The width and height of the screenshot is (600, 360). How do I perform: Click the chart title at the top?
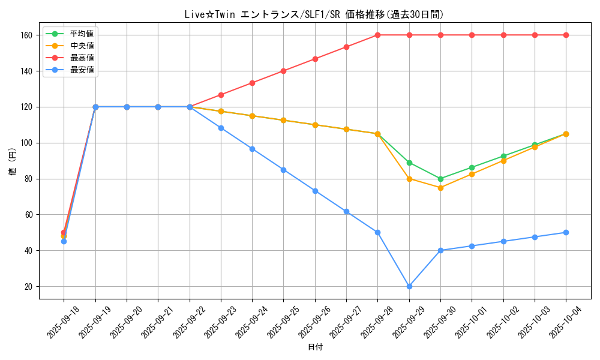[x=314, y=15]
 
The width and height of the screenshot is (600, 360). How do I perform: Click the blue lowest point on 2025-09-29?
[x=409, y=286]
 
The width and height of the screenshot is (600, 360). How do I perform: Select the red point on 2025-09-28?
[x=377, y=35]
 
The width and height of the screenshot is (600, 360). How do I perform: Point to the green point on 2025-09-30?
[x=440, y=179]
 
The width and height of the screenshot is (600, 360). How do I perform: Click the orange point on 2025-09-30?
[x=440, y=188]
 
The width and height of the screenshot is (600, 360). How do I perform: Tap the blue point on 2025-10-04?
[x=566, y=232]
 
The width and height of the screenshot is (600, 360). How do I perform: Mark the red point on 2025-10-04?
[x=566, y=35]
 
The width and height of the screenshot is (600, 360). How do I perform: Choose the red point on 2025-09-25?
[x=283, y=71]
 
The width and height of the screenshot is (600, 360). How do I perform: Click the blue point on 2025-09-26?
[x=315, y=191]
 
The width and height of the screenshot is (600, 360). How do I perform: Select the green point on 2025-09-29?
[x=409, y=163]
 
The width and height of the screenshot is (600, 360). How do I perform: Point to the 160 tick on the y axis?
[x=27, y=35]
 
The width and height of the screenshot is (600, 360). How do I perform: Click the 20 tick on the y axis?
[x=29, y=286]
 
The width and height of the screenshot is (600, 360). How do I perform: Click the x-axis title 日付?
[x=315, y=347]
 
